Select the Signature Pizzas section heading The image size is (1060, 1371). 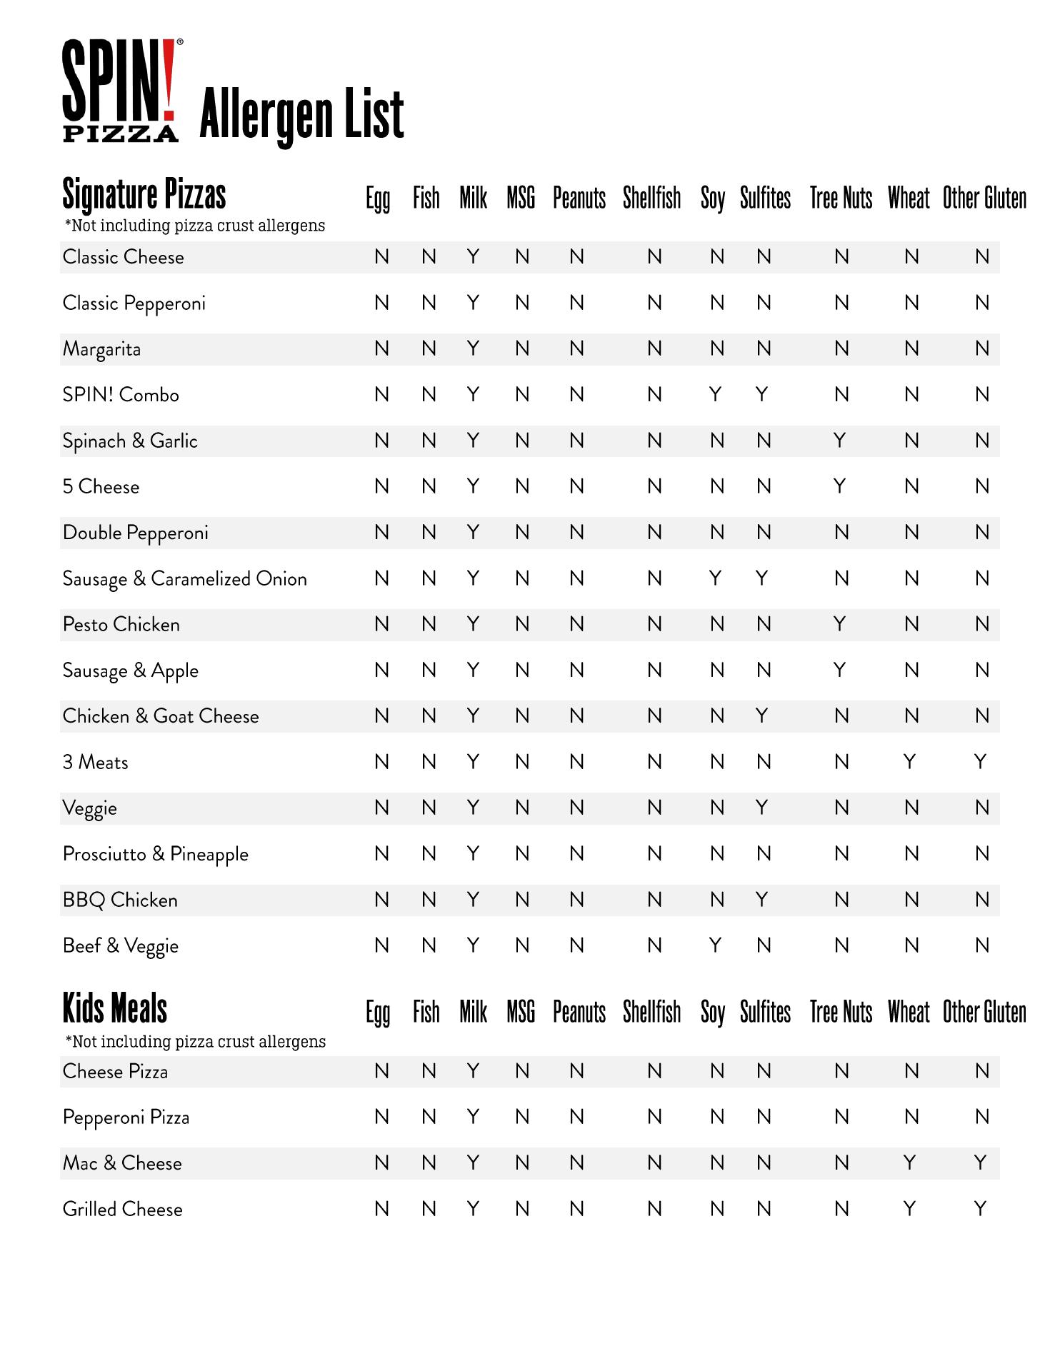(x=144, y=194)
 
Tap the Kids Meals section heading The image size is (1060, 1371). (x=115, y=1009)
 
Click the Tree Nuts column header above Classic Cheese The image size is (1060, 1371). (x=841, y=198)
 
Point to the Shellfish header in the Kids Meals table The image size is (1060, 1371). (x=651, y=1012)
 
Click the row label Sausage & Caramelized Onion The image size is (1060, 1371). (x=185, y=578)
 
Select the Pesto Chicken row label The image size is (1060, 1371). (x=121, y=625)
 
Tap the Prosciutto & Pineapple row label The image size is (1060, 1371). (x=156, y=854)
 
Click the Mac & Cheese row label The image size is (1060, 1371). (x=122, y=1163)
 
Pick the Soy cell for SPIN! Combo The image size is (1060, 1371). (x=715, y=395)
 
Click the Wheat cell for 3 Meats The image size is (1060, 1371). (x=909, y=762)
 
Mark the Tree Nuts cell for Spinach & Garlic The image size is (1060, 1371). (x=840, y=441)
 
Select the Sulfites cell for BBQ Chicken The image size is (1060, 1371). (x=762, y=900)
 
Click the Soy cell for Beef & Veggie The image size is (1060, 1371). (x=715, y=945)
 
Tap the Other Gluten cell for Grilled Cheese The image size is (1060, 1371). (x=981, y=1209)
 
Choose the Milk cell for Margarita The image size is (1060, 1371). (x=473, y=348)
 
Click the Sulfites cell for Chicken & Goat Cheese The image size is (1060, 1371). (x=762, y=716)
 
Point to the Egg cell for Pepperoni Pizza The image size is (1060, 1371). (x=382, y=1117)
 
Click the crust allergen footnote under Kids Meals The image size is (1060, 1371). (x=195, y=1042)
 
